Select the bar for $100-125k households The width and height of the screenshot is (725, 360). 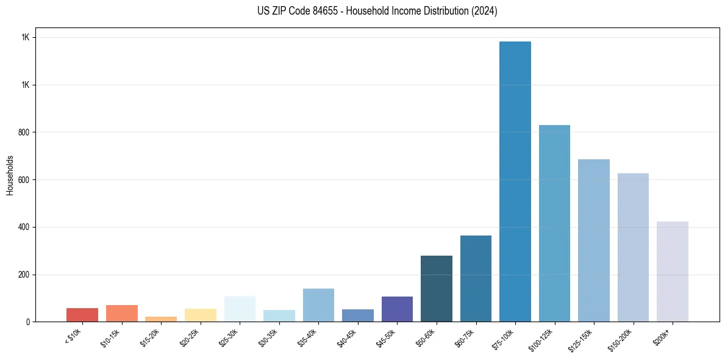pyautogui.click(x=554, y=223)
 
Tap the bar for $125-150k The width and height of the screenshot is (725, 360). pyautogui.click(x=594, y=240)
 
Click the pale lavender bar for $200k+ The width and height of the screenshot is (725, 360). pyautogui.click(x=673, y=272)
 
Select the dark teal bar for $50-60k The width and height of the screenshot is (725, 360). pyautogui.click(x=437, y=289)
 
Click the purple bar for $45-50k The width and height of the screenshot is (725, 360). pyautogui.click(x=397, y=309)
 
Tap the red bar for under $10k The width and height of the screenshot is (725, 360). pyautogui.click(x=82, y=315)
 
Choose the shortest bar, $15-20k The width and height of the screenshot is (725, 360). pyautogui.click(x=161, y=319)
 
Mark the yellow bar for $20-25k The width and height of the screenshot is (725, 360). pyautogui.click(x=201, y=315)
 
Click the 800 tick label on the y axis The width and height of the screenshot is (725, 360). pyautogui.click(x=24, y=132)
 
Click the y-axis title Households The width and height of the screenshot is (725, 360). pyautogui.click(x=10, y=175)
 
